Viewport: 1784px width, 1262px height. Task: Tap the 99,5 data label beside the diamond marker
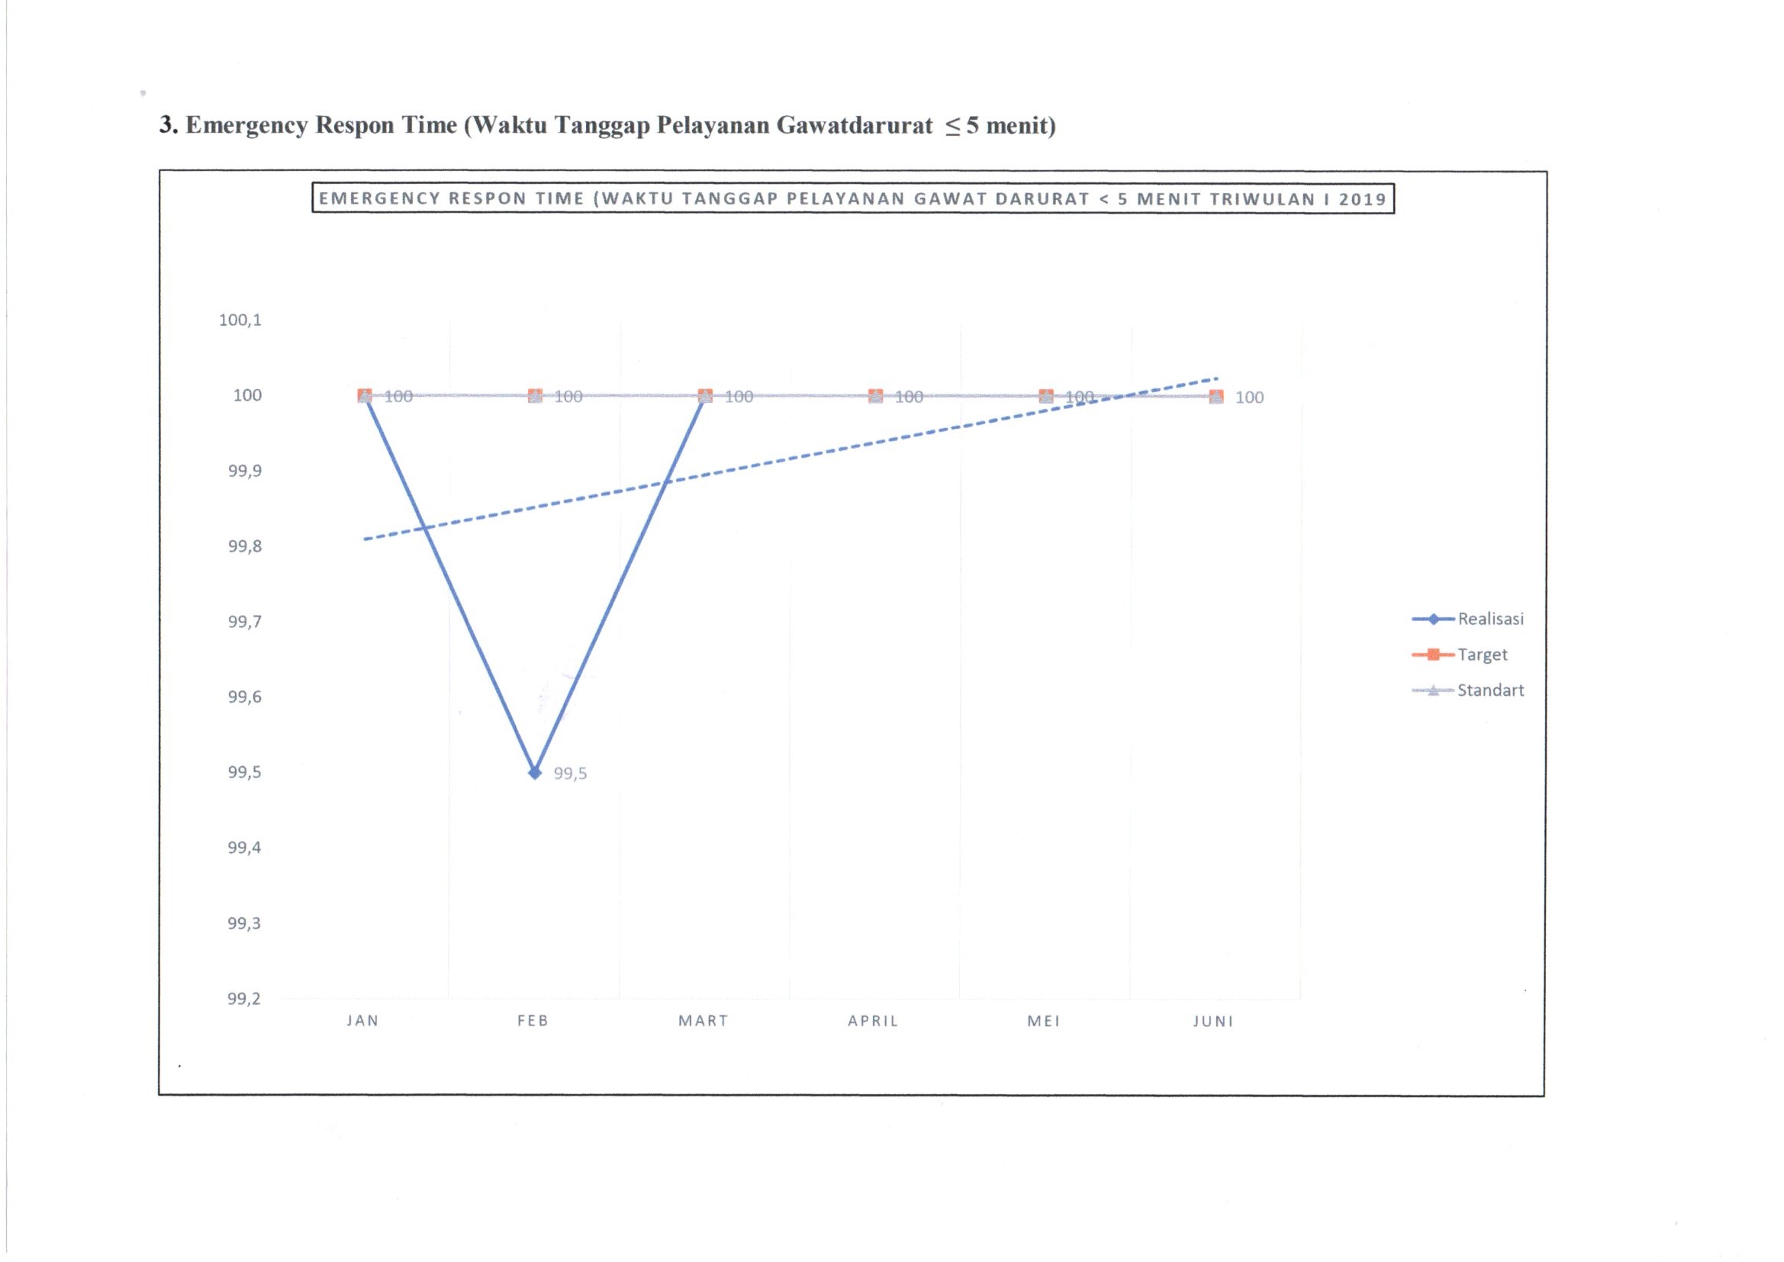coord(569,774)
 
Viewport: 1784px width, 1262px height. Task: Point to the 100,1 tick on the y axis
coord(240,320)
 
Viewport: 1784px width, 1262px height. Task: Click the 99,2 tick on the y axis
coord(244,1000)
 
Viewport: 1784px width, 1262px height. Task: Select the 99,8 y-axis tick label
coord(244,547)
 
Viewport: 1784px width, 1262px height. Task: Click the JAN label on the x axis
coord(363,1021)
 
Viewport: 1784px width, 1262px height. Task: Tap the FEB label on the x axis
coord(533,1021)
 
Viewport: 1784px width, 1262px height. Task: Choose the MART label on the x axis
coord(704,1021)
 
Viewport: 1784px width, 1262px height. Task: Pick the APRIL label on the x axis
coord(874,1021)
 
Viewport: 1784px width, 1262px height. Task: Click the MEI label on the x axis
coord(1044,1021)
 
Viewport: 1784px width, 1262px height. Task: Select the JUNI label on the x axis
coord(1214,1022)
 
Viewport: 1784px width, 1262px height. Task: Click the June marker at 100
coord(1217,397)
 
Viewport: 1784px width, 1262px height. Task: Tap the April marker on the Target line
coord(876,396)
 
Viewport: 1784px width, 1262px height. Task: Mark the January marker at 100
coord(365,395)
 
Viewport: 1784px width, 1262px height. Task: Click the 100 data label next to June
coord(1249,398)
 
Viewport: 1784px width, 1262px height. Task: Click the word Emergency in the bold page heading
coord(246,125)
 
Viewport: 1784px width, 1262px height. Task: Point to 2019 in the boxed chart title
coord(1362,199)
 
